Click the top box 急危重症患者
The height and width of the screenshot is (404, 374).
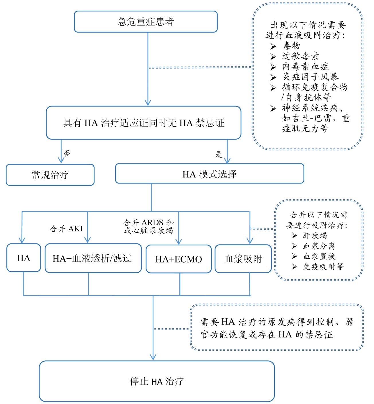(x=146, y=22)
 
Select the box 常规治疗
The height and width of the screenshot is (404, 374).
(x=50, y=175)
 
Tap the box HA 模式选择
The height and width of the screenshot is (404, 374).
(x=209, y=174)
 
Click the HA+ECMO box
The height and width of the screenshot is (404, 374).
(x=179, y=259)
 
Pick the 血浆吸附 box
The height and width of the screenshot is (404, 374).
(x=243, y=259)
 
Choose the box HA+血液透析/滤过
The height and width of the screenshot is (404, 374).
(x=92, y=258)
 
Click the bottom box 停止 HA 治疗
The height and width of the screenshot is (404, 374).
(x=157, y=381)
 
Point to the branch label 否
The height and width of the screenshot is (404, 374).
(x=67, y=153)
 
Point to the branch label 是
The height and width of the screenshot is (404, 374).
(x=219, y=154)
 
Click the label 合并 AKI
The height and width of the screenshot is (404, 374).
(x=66, y=229)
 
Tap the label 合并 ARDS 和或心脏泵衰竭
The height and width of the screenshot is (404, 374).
(x=149, y=226)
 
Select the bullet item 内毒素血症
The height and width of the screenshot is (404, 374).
(x=306, y=67)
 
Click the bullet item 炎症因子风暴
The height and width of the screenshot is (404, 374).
(x=310, y=77)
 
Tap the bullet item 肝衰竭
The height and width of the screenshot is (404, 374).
(x=315, y=235)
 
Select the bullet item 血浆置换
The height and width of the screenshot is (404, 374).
(x=319, y=256)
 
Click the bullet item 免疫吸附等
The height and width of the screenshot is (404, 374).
(x=323, y=267)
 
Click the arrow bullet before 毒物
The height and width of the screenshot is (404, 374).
(x=273, y=46)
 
